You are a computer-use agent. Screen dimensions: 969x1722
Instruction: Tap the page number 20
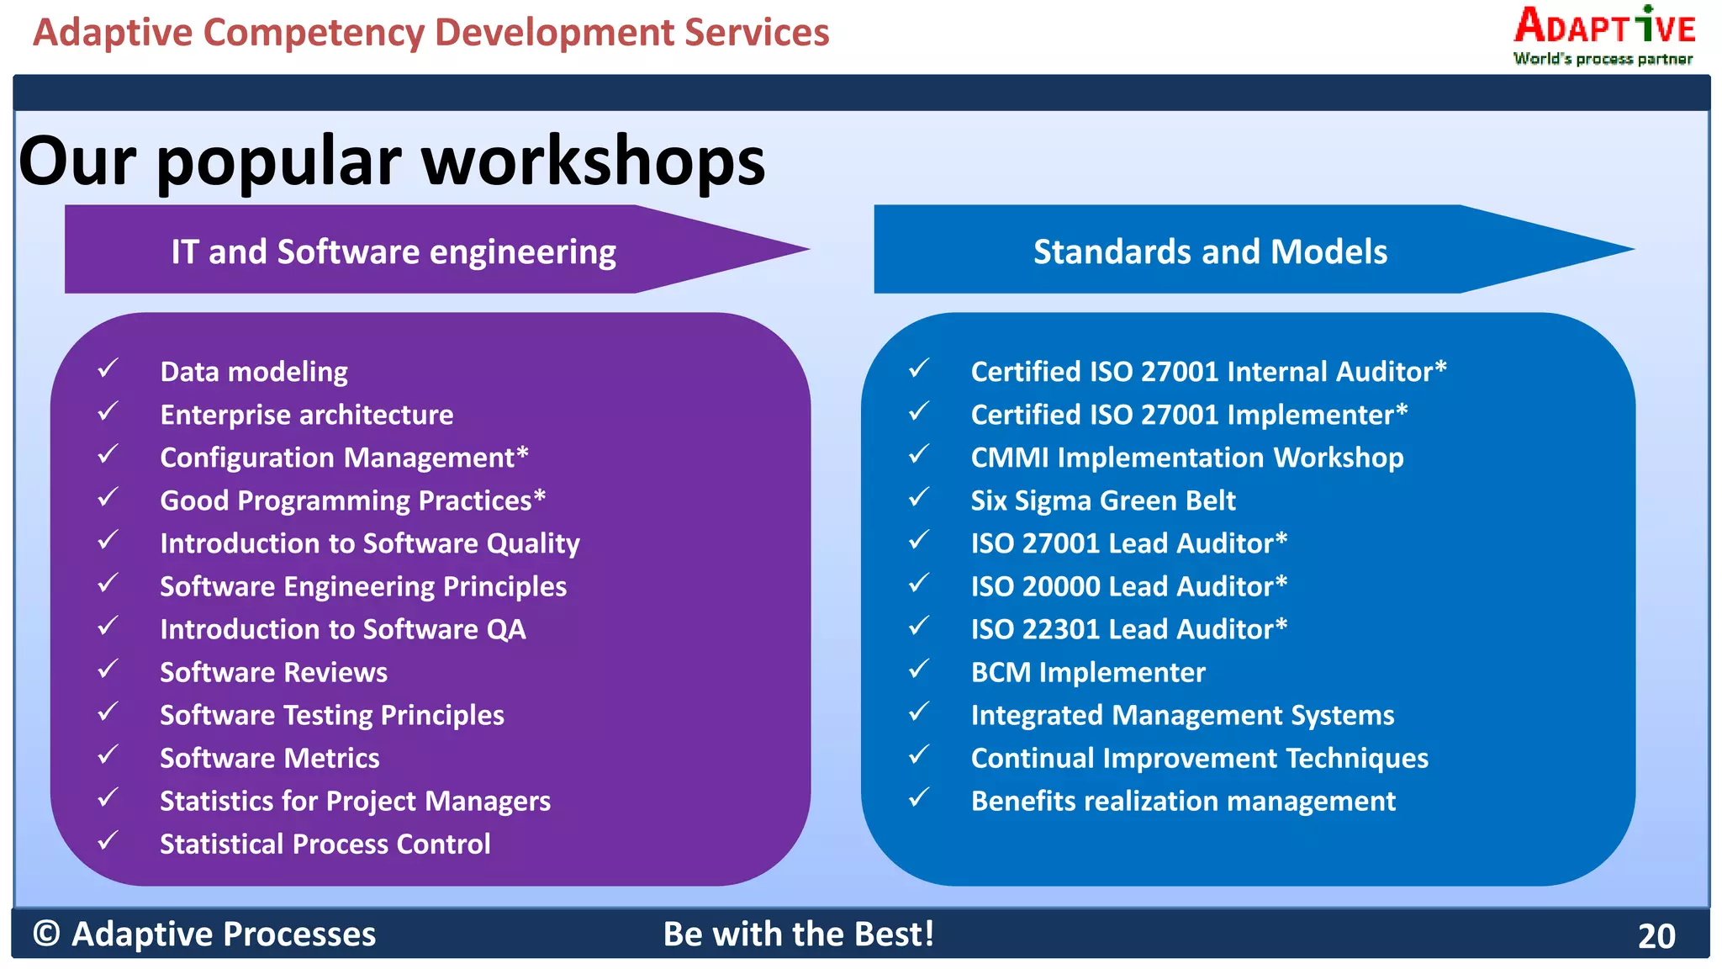1656,936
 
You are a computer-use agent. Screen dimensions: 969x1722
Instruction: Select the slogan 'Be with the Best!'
798,934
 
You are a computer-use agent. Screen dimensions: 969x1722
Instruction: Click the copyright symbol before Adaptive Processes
46,934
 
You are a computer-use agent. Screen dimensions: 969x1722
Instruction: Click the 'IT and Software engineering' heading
394,252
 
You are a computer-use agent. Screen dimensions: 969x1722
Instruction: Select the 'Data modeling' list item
253,372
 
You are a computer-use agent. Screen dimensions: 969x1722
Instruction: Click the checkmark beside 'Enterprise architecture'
108,412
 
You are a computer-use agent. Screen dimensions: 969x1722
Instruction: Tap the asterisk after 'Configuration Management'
522,454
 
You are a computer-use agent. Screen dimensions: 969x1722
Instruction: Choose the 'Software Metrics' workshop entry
269,758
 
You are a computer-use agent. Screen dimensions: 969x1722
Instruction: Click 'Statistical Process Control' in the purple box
325,844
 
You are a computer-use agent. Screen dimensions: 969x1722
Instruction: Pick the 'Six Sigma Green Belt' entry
1102,500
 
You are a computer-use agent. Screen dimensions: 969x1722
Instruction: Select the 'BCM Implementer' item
1087,672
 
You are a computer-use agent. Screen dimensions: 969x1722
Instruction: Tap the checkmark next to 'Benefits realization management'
919,797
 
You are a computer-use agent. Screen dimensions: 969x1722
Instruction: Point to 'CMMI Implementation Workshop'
1186,458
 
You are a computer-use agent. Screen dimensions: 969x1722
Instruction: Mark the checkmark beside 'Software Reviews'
108,670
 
